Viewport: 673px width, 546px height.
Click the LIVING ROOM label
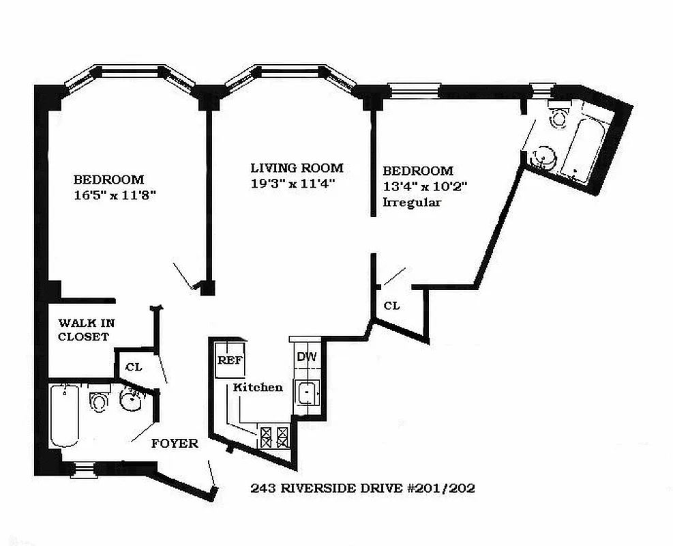click(296, 168)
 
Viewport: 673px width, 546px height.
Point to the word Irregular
click(412, 203)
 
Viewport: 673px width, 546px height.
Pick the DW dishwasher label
click(302, 356)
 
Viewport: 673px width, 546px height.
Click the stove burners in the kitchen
click(275, 435)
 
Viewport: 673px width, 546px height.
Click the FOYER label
click(175, 444)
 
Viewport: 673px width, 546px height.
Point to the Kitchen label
click(258, 387)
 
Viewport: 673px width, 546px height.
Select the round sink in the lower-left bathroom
click(130, 402)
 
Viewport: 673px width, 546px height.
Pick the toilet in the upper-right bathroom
click(560, 116)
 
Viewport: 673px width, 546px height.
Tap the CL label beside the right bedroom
click(391, 306)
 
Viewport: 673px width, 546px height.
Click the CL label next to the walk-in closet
click(134, 367)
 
